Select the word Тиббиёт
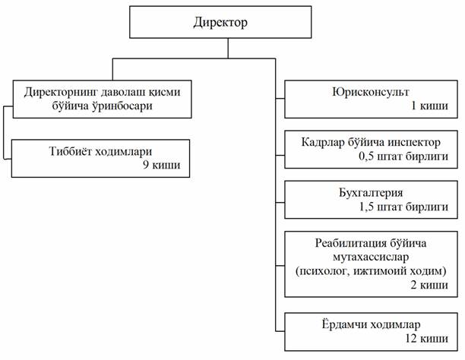(69, 150)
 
